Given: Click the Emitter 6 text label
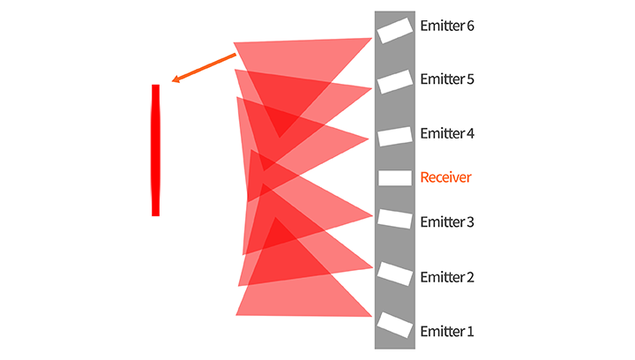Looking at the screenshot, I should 447,26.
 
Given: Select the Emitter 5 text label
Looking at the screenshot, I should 447,79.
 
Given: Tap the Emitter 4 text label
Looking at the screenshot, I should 447,134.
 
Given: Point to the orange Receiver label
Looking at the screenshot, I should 445,178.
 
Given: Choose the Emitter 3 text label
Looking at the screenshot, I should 447,222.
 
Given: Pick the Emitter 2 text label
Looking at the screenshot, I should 447,278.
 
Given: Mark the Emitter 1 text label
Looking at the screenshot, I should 447,333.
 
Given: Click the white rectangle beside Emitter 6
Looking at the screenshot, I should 395,30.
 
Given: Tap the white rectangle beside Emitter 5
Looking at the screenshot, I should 395,81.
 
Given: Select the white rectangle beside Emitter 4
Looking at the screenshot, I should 395,137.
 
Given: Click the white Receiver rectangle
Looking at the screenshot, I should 395,178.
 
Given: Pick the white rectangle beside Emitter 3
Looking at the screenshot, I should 395,218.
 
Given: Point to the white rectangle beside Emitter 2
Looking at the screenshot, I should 395,273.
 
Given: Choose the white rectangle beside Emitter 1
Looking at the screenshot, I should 395,326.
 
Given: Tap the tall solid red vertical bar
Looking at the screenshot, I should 156,150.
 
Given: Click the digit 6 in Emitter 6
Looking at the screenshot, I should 470,26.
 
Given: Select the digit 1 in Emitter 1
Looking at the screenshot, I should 470,333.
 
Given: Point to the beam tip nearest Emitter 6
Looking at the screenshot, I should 370,39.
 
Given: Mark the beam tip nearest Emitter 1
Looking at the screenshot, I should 370,314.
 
